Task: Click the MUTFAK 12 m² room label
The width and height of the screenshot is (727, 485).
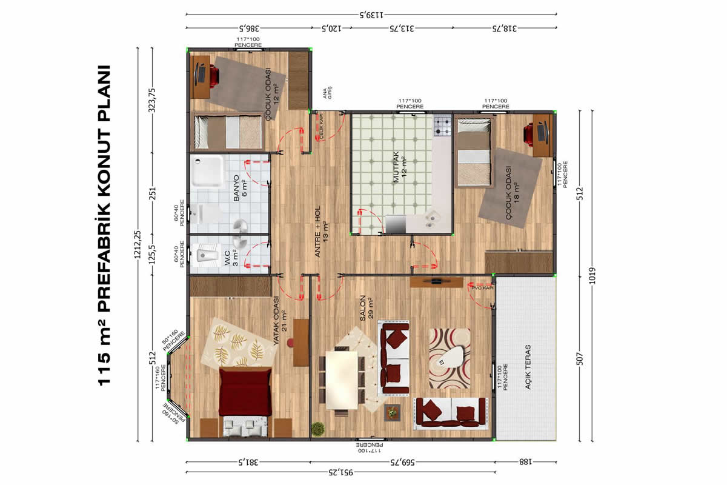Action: (x=400, y=167)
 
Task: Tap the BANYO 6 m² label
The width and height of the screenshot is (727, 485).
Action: (x=240, y=188)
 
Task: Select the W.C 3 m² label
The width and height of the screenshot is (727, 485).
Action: (x=231, y=258)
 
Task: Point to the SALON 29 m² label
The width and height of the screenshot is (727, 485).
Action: (x=367, y=307)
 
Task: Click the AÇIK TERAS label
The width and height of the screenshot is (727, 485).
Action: (x=528, y=367)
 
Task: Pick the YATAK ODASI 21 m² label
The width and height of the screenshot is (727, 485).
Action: (x=280, y=320)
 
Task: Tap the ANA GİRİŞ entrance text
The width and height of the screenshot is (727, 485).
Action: (x=328, y=93)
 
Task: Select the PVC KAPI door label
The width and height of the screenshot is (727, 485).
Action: (x=483, y=288)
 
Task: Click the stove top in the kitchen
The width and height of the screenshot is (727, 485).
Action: (x=443, y=125)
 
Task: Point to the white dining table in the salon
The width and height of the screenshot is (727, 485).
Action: (x=342, y=380)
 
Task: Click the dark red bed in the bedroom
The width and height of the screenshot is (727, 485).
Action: (x=245, y=392)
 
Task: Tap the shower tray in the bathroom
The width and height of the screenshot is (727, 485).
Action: (x=208, y=171)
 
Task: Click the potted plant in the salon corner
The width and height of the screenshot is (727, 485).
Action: (x=317, y=429)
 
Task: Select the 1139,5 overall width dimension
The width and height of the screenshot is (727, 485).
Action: (x=371, y=15)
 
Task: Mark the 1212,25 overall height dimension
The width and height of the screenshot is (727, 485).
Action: (x=138, y=244)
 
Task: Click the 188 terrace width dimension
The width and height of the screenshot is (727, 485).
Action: (x=525, y=462)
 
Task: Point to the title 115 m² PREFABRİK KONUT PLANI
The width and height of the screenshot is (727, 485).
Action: (x=104, y=226)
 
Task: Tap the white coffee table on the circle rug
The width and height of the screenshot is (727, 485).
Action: (x=451, y=356)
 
